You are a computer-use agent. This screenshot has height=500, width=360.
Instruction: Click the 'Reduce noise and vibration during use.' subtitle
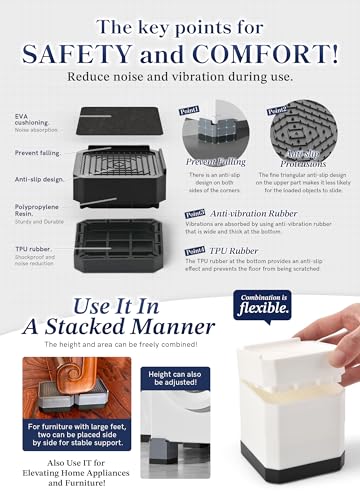coord(179,75)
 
